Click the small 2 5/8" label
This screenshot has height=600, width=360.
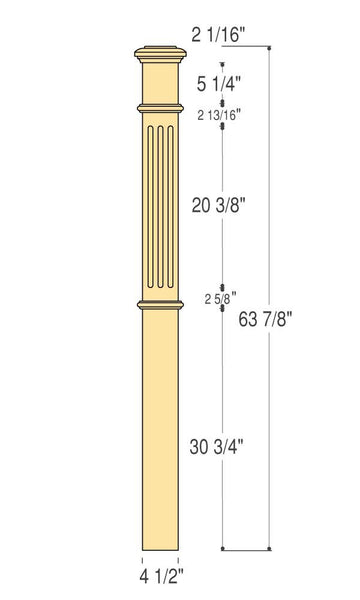(220, 298)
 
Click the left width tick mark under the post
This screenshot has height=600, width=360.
(142, 558)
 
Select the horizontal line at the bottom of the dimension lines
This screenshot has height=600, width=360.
(248, 549)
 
